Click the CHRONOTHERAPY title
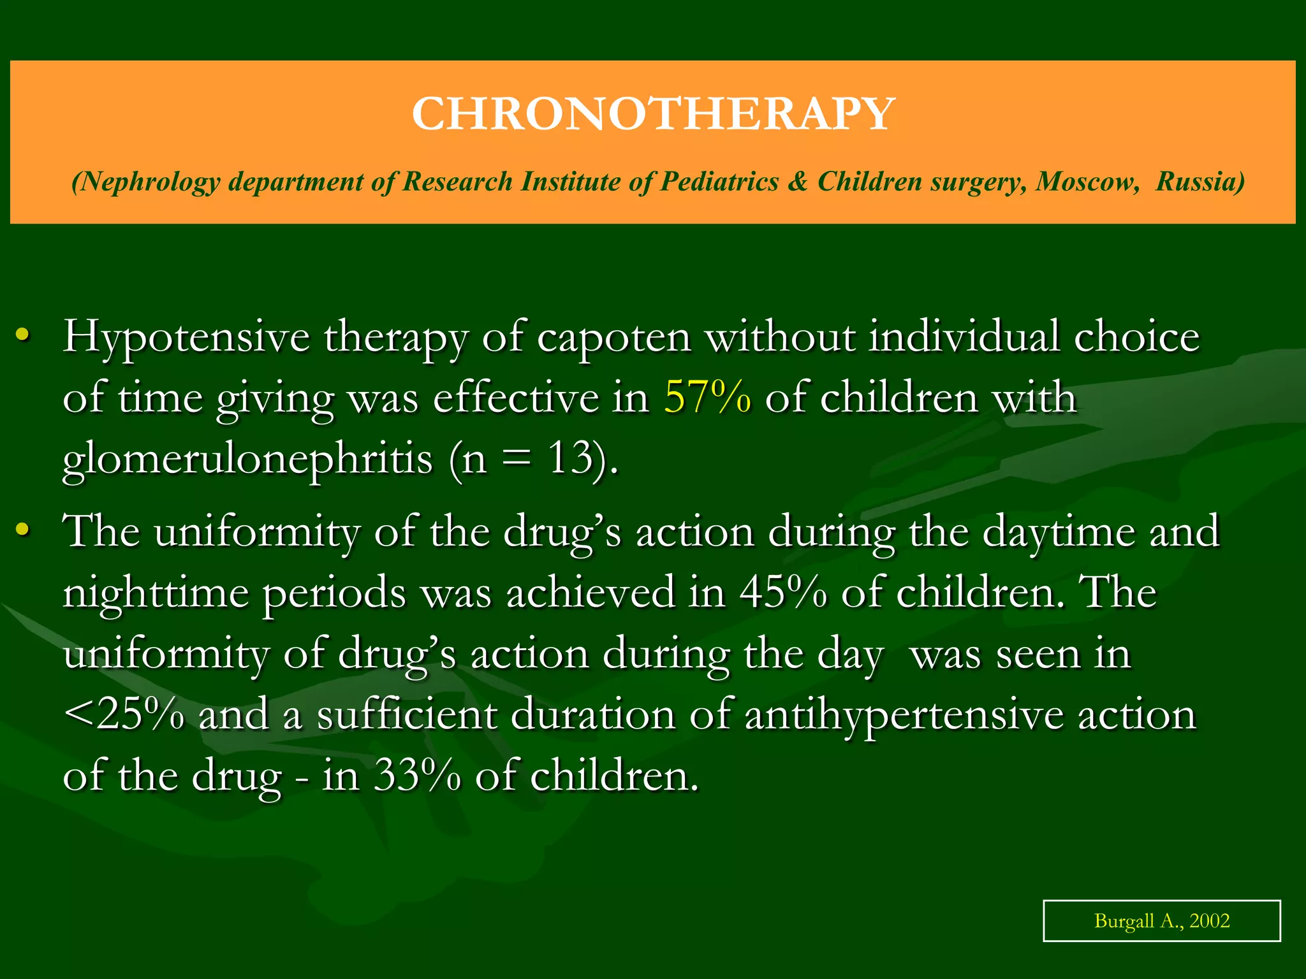[653, 114]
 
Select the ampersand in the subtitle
[797, 182]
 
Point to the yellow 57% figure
[707, 398]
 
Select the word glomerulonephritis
[247, 459]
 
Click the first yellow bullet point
[24, 334]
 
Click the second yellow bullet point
[24, 529]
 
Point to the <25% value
[124, 714]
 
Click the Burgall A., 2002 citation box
[1161, 920]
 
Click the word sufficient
[407, 714]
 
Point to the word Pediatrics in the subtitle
[719, 182]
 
